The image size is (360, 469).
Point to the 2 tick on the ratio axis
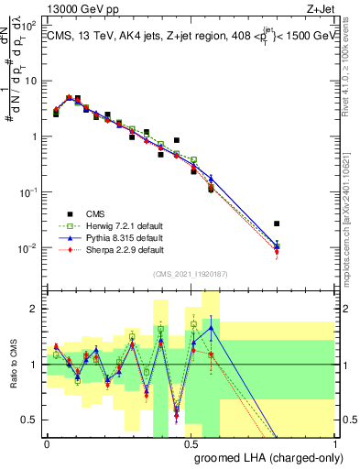click(35, 309)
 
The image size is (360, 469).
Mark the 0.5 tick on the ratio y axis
click(31, 420)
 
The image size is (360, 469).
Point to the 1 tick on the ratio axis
click(35, 365)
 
